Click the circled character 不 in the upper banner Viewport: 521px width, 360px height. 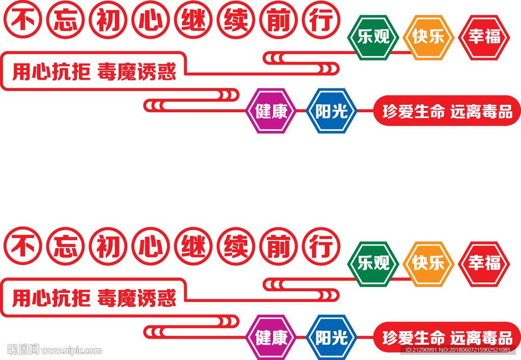(x=22, y=21)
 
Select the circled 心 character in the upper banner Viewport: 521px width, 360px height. (x=150, y=21)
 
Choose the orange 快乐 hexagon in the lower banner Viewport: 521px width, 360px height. (x=428, y=264)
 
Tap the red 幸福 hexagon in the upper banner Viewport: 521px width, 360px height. (x=484, y=38)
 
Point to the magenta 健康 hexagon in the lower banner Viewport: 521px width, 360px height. (x=272, y=338)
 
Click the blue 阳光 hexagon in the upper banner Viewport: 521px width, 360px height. (x=331, y=111)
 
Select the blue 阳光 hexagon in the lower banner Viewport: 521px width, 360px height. (x=331, y=338)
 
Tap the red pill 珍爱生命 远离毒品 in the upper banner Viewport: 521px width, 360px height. (x=447, y=111)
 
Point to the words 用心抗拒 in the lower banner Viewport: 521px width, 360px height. (x=51, y=298)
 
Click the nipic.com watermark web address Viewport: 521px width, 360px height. (x=71, y=350)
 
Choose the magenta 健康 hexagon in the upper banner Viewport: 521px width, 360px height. (x=272, y=111)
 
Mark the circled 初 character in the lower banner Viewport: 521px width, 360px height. (x=107, y=247)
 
